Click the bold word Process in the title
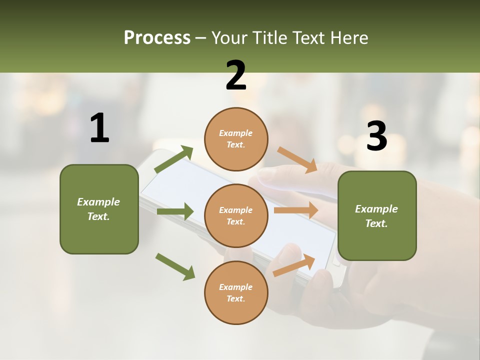click(x=157, y=37)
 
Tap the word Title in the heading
click(x=270, y=37)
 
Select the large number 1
click(x=99, y=128)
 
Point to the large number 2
click(x=236, y=75)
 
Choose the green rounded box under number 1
click(x=99, y=209)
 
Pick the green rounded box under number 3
click(x=377, y=215)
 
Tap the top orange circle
click(x=236, y=139)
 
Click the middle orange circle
click(x=236, y=215)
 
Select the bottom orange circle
click(x=236, y=292)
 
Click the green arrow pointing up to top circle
click(x=173, y=160)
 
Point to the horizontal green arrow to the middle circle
click(x=175, y=211)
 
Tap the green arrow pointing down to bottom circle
click(x=175, y=266)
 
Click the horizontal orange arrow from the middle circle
click(x=296, y=210)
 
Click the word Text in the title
click(x=310, y=37)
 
